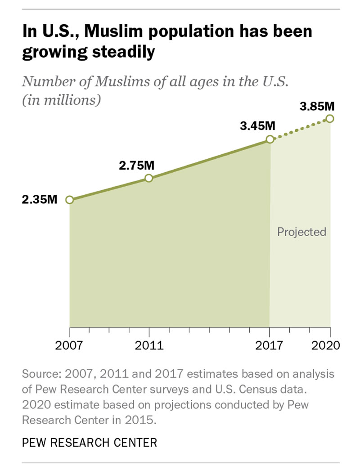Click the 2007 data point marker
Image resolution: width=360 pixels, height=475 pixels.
point(69,200)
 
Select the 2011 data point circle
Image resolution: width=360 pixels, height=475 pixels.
point(149,178)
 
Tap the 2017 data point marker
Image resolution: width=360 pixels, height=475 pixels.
point(270,139)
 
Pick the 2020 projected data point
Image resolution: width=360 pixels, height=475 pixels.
point(330,118)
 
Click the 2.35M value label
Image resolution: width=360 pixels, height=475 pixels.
point(40,199)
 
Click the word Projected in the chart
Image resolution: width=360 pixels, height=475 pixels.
point(301,232)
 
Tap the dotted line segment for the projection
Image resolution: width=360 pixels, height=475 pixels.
point(300,129)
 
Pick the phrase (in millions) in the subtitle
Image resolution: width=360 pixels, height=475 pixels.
point(61,100)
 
